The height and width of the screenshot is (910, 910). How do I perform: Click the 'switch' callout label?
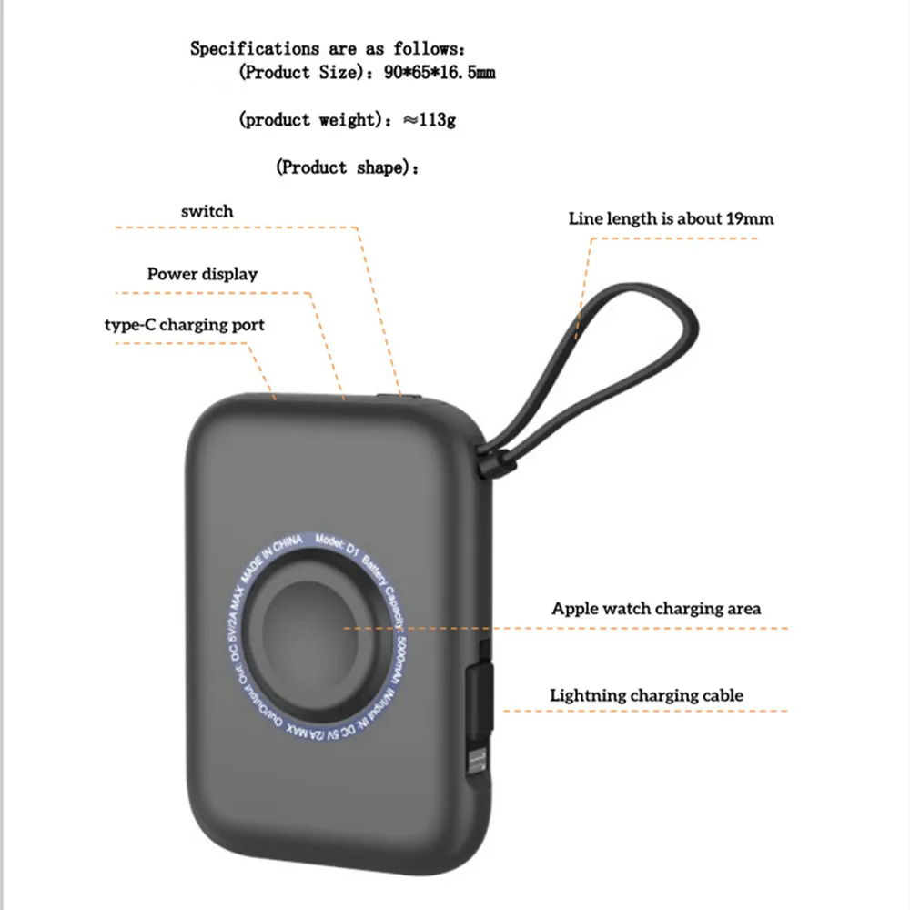click(207, 211)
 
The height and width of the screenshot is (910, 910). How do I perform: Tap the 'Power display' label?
click(202, 274)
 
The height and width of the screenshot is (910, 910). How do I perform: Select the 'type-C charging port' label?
click(185, 324)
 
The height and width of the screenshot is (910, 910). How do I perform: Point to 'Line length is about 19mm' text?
click(672, 218)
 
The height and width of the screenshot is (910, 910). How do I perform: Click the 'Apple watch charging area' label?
click(656, 608)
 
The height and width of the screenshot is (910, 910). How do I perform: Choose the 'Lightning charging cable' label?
click(646, 695)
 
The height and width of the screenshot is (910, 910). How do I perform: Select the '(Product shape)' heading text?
click(347, 167)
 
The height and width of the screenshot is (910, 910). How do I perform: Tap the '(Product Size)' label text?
click(297, 73)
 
